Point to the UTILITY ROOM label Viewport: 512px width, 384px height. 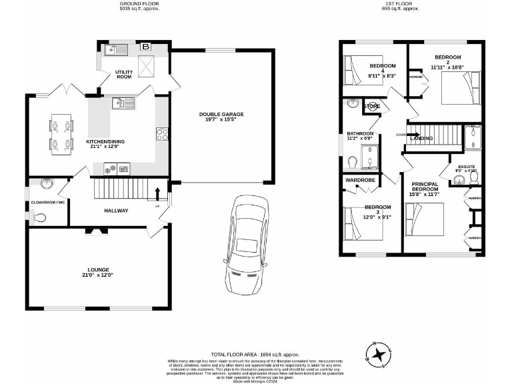124,74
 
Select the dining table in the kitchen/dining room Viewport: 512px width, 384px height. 61,134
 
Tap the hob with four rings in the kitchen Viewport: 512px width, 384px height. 161,135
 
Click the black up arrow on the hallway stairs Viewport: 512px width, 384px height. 157,194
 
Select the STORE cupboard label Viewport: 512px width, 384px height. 372,106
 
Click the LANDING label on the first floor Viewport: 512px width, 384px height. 421,139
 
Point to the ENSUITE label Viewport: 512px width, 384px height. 466,167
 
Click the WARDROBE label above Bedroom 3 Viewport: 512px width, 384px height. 359,180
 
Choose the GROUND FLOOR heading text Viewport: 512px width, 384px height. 139,4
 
